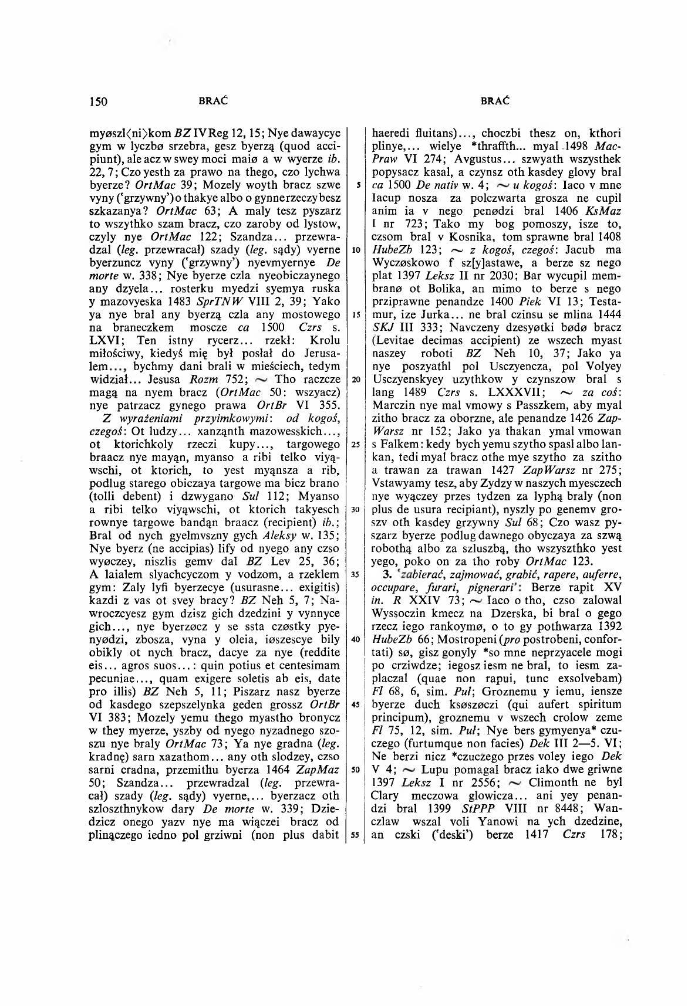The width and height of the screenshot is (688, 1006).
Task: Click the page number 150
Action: [x=97, y=101]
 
